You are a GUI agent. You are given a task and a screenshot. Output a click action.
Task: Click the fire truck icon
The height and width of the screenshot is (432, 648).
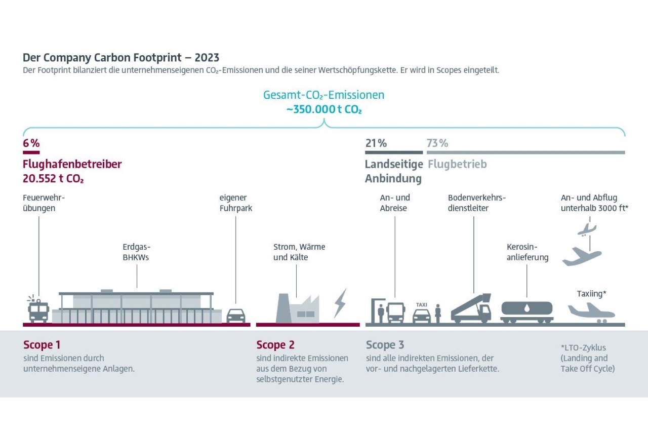pos(38,310)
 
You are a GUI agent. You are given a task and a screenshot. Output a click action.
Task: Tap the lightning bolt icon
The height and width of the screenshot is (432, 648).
pos(340,303)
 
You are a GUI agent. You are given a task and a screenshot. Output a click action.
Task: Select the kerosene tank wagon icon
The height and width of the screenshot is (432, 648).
pos(526,311)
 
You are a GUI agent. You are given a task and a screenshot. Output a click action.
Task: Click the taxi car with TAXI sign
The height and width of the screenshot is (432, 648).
pos(421,314)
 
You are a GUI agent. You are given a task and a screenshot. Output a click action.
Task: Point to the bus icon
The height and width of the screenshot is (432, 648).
pos(395,312)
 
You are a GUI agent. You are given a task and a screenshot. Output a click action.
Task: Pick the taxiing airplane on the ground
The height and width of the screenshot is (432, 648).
pos(591,311)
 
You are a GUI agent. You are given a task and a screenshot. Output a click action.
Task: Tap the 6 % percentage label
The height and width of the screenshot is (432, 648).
pos(31,143)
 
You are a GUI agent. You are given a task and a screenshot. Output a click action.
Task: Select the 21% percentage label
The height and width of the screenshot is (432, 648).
pos(376,143)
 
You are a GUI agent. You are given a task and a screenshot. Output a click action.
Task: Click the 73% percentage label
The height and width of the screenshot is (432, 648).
pos(437,143)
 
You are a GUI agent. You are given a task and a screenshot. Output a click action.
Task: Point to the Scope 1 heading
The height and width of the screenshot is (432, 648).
pos(42,345)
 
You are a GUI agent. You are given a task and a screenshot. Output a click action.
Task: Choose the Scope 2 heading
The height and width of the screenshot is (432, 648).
pos(275,345)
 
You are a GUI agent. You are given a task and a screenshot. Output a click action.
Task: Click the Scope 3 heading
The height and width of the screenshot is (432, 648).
pos(385,345)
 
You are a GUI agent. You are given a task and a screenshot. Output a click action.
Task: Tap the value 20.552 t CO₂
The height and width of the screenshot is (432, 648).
pos(53,178)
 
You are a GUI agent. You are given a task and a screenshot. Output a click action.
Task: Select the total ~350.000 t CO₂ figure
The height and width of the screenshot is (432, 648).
pos(324,109)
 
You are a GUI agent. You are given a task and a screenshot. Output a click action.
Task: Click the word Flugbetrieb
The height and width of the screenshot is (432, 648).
pos(457,165)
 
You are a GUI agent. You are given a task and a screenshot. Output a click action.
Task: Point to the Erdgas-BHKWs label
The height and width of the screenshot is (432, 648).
pos(137,252)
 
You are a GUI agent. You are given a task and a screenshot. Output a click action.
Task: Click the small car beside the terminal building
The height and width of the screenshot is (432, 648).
pos(235,315)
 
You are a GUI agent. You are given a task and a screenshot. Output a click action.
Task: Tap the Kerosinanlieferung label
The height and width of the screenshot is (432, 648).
pos(528,252)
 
